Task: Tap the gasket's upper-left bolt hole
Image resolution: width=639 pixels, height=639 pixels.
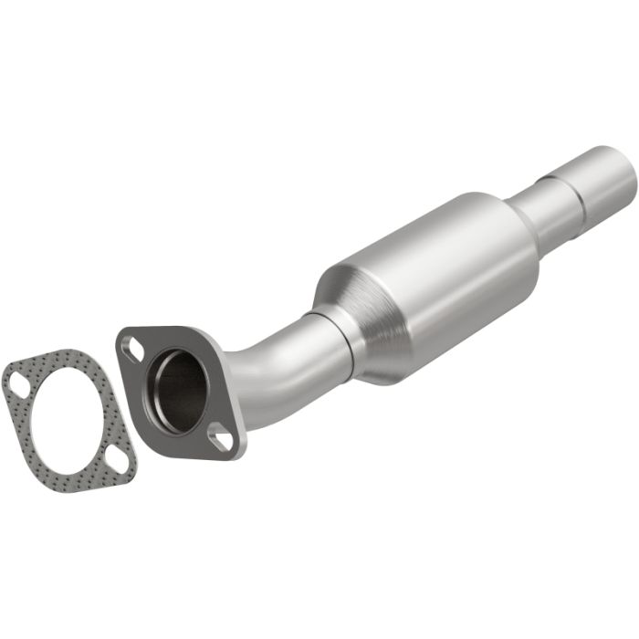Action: tap(18, 388)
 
